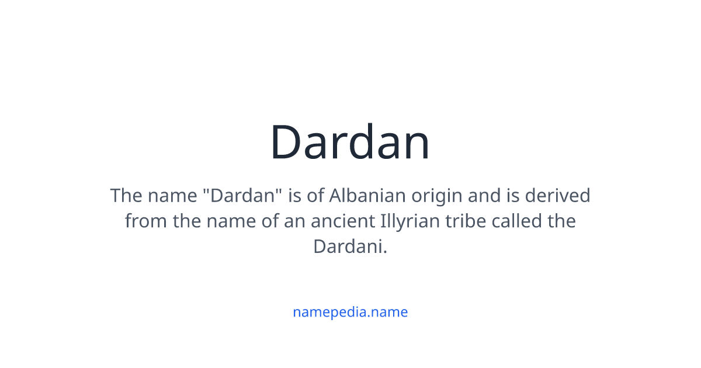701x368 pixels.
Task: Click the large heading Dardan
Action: coord(350,143)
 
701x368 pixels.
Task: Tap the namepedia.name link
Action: coord(350,312)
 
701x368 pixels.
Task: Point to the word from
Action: coord(145,221)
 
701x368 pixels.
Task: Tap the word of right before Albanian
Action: coord(315,195)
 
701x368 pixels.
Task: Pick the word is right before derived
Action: coord(513,195)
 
